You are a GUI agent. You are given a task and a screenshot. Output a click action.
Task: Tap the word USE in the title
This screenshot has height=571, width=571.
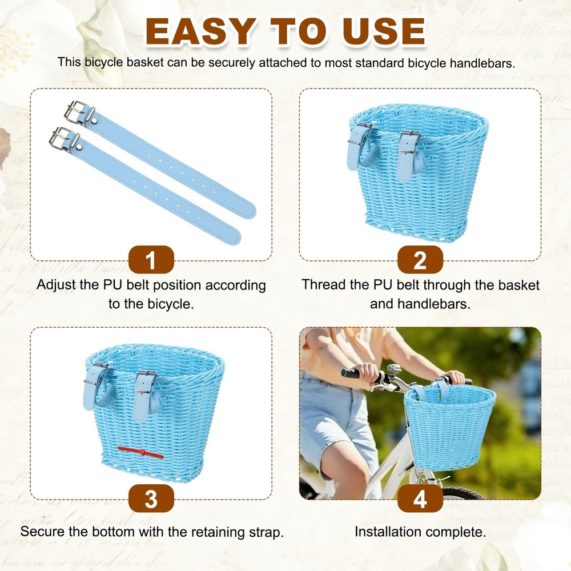384,31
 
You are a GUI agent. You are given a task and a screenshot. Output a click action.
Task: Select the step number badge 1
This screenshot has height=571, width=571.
151,260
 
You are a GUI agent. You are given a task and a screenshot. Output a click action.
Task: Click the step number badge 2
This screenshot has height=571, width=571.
420,260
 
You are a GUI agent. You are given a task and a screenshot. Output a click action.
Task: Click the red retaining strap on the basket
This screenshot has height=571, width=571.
140,452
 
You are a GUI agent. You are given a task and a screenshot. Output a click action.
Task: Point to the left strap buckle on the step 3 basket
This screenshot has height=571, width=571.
96,373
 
